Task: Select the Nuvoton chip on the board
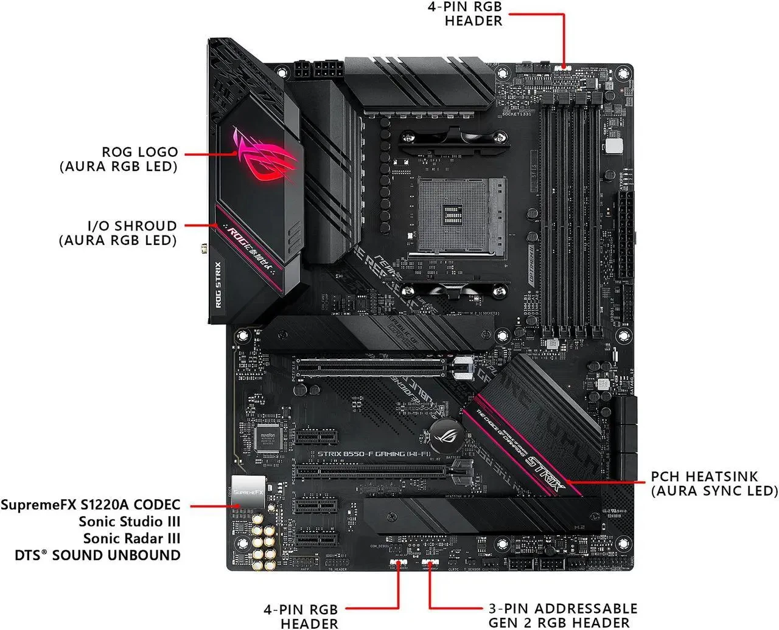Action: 268,435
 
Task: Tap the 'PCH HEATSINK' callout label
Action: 714,483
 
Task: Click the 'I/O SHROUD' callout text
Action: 118,233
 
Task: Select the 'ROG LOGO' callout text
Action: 118,159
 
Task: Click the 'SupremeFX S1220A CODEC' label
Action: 91,505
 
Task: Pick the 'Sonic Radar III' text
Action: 131,538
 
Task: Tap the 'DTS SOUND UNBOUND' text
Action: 98,555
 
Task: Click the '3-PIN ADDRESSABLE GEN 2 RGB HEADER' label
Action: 563,615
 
